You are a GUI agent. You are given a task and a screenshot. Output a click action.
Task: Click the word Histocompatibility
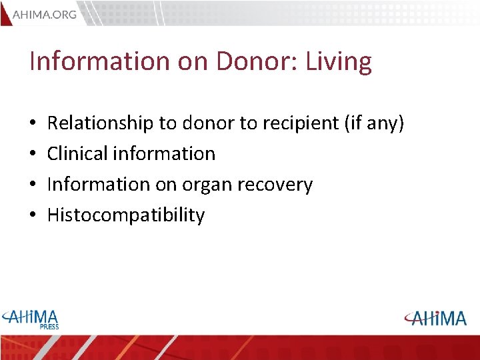126,215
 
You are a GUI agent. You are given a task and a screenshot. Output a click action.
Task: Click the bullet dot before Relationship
33,124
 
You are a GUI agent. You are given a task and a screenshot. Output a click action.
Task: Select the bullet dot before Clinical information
33,155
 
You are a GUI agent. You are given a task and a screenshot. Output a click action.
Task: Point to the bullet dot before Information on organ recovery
33,185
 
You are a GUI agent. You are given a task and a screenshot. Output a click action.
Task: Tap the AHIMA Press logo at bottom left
31,317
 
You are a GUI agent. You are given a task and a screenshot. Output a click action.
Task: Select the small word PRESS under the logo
49,327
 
